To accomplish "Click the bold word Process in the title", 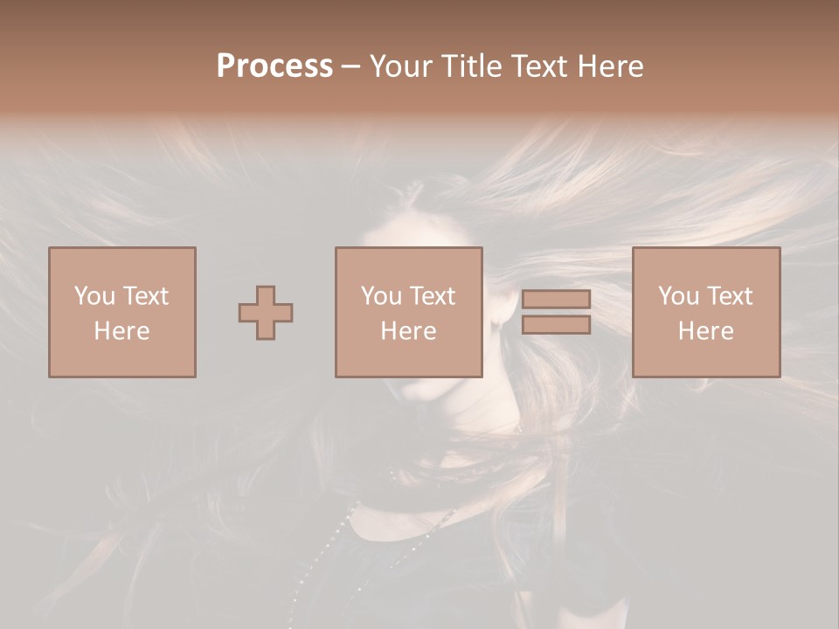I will pos(274,66).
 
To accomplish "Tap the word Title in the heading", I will pos(473,66).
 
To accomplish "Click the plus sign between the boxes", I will pos(266,313).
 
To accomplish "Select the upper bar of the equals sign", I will pos(556,300).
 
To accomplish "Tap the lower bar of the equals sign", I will pos(556,325).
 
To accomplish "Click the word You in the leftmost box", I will pos(94,296).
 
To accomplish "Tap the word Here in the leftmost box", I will pos(121,331).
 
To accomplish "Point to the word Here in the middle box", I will pos(408,331).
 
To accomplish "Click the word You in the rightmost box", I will pos(678,296).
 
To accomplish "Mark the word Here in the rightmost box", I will pos(705,331).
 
